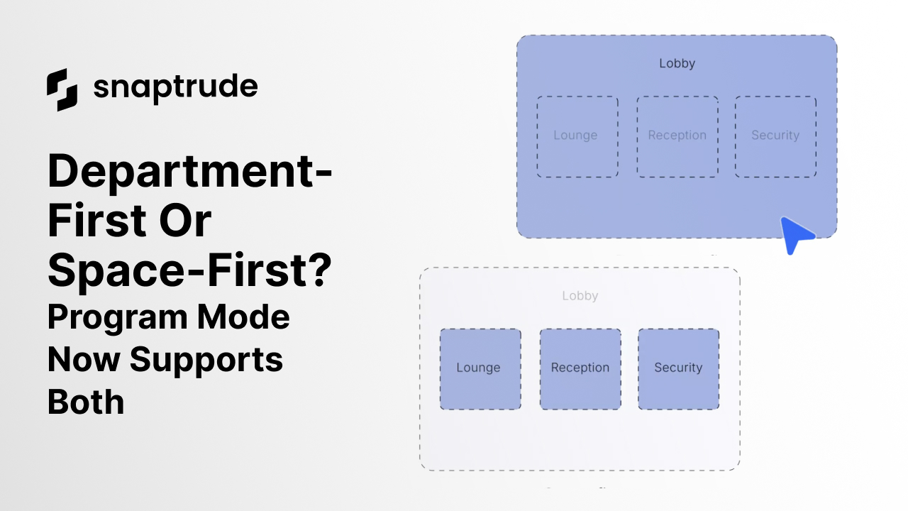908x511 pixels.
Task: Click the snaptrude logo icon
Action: point(62,89)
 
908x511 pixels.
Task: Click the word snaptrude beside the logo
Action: point(175,88)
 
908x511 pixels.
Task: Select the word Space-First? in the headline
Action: point(189,269)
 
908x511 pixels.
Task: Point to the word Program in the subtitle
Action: point(118,317)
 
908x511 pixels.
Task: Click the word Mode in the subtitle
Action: point(243,317)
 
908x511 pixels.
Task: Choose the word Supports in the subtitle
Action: point(206,359)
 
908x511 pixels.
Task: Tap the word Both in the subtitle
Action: point(86,401)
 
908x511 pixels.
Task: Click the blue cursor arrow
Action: point(796,234)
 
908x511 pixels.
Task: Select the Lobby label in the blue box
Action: point(677,63)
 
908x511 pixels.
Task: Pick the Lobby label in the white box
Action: point(580,296)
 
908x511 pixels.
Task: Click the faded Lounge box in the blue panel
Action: point(577,136)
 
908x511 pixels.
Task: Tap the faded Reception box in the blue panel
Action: point(677,136)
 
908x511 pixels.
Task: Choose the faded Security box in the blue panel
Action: point(775,136)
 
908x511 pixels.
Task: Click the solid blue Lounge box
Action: point(480,368)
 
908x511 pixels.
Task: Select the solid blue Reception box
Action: point(580,368)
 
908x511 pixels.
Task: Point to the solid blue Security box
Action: point(678,368)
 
